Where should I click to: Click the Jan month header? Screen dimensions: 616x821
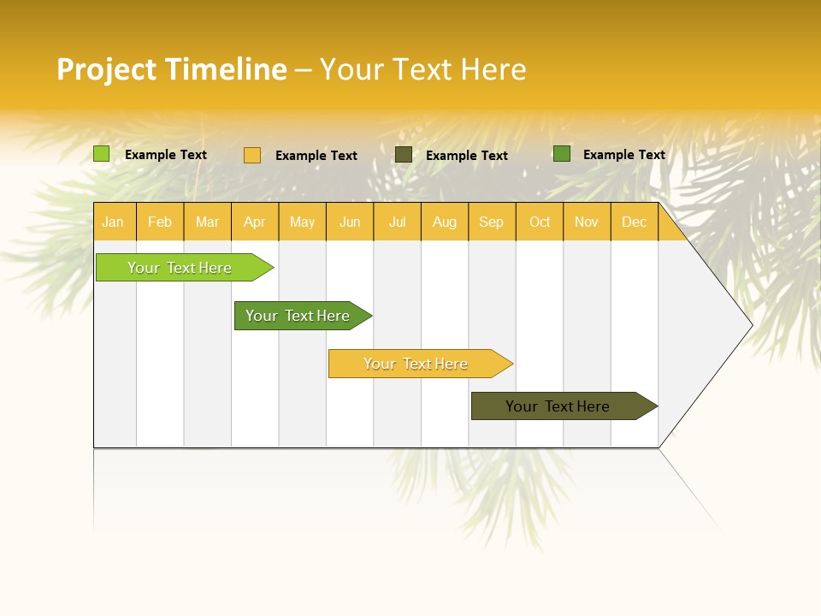click(x=114, y=222)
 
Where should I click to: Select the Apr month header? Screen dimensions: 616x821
click(x=255, y=222)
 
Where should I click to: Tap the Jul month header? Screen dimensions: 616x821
click(x=397, y=222)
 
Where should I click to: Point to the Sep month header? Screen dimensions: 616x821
click(x=492, y=222)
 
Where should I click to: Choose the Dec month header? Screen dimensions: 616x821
click(x=634, y=222)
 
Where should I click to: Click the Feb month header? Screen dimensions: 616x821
click(x=160, y=222)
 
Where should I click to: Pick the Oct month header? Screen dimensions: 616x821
click(x=539, y=222)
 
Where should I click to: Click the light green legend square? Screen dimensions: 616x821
click(x=102, y=154)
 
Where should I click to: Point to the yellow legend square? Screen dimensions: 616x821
click(x=252, y=155)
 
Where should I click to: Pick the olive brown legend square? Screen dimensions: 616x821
click(x=404, y=155)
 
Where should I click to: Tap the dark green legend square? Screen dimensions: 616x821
click(x=562, y=154)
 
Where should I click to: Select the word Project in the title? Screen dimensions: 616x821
click(x=106, y=69)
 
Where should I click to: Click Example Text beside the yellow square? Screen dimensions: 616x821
click(x=316, y=156)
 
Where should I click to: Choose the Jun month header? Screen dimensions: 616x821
click(x=350, y=222)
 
